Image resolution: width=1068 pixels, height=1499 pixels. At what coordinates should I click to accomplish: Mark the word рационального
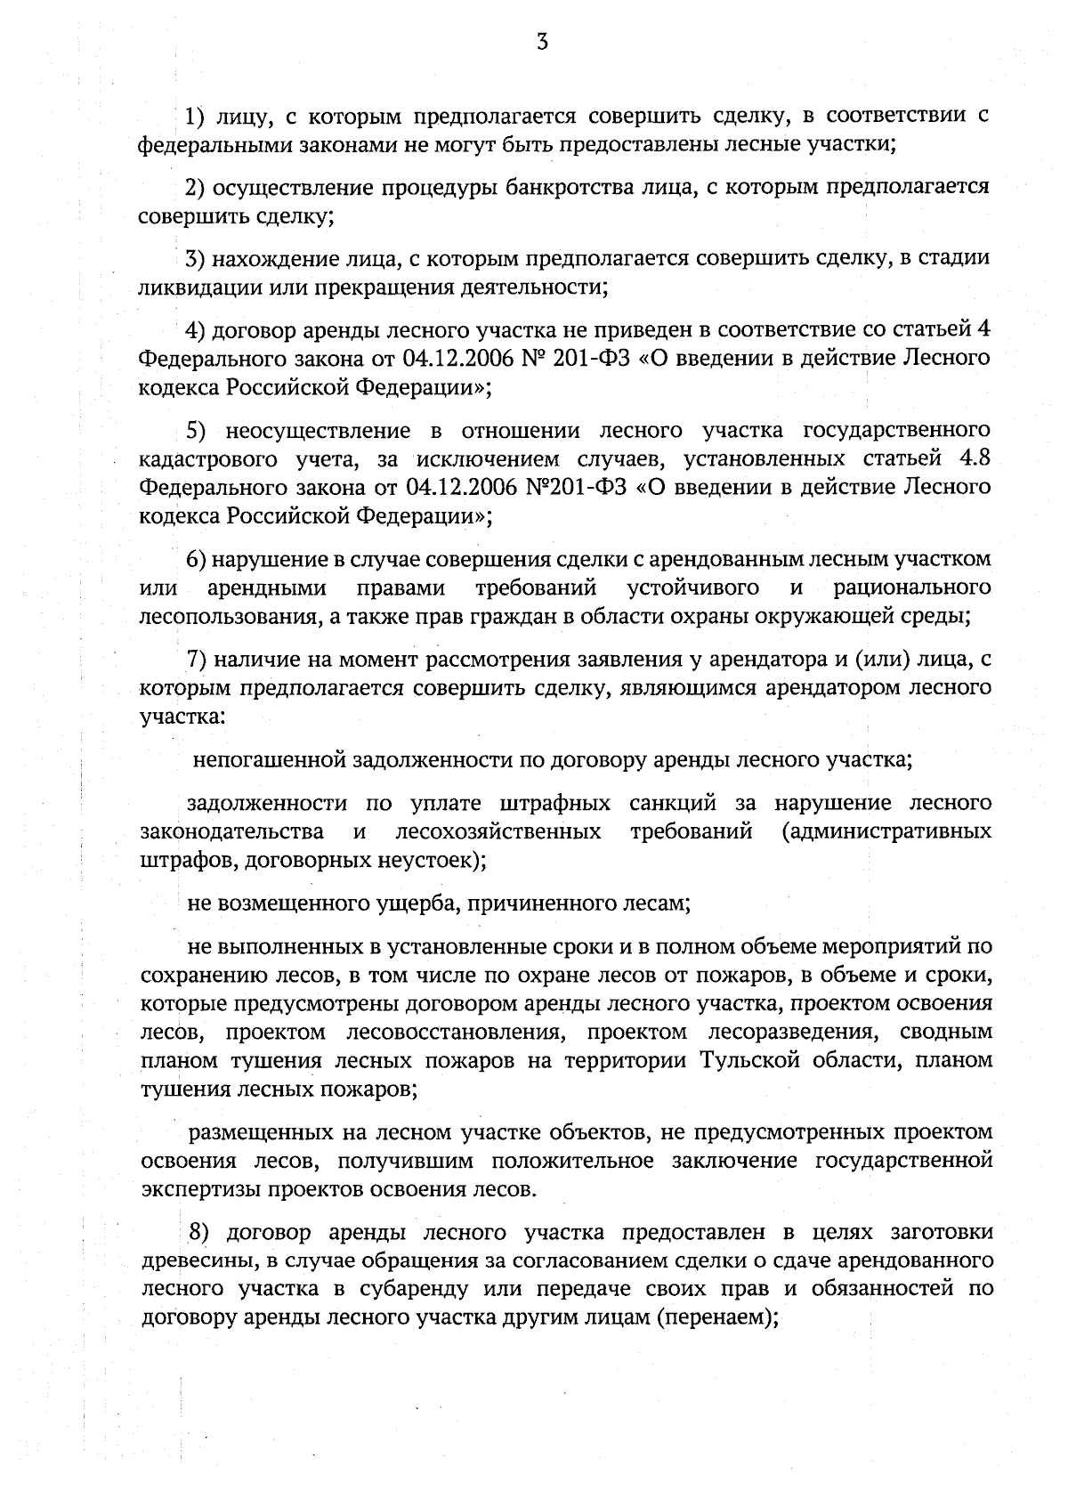point(912,588)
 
